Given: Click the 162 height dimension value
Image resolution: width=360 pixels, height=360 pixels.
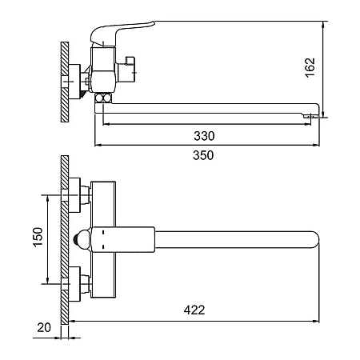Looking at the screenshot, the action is [x=310, y=68].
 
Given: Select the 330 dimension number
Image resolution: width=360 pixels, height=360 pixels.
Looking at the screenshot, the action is [x=204, y=136].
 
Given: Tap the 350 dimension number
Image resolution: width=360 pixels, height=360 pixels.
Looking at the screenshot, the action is [x=203, y=155].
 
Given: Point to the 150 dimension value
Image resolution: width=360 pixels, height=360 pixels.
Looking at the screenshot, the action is [x=38, y=237].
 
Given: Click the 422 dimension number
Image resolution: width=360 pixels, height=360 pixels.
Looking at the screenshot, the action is [x=194, y=310].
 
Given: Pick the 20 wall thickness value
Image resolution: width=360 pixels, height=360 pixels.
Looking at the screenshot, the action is [x=44, y=327].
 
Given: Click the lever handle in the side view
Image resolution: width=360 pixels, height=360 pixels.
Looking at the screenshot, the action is [x=122, y=34].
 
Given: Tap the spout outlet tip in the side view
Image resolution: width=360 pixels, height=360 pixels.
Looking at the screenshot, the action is [x=311, y=116].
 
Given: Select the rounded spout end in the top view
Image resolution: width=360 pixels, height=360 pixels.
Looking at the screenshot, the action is [x=315, y=240].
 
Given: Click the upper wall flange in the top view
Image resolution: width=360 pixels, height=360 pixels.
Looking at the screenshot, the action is [x=74, y=195].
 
